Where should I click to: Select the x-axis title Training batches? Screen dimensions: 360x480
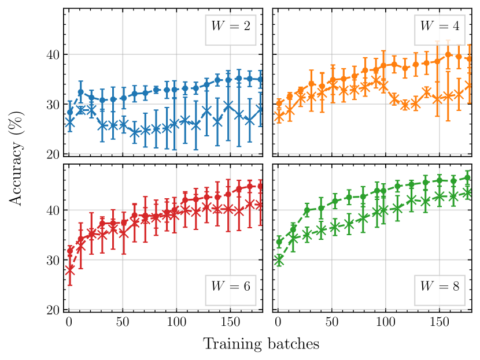[261, 344]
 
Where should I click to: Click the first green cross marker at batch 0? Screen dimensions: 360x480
[279, 260]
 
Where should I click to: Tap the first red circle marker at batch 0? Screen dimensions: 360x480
[70, 251]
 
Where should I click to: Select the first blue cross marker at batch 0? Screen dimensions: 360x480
[70, 123]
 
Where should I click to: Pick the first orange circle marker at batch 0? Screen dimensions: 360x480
[279, 103]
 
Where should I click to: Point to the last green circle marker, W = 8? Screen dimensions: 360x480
[468, 178]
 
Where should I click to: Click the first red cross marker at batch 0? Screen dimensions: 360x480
[70, 270]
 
